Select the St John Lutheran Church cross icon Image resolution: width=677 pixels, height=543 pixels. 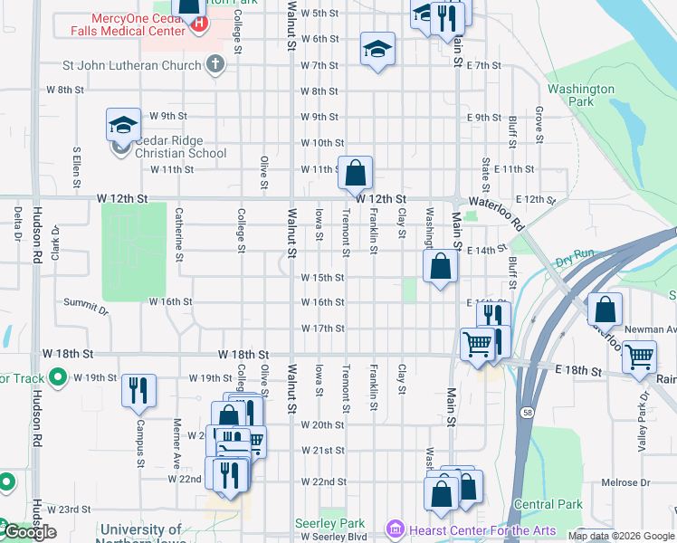click(215, 64)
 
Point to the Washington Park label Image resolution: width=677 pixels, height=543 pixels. click(580, 95)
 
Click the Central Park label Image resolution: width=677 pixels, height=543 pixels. click(548, 504)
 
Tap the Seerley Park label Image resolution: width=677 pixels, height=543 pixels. click(329, 524)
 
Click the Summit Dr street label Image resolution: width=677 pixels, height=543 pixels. click(86, 306)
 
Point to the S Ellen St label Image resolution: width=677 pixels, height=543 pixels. click(78, 163)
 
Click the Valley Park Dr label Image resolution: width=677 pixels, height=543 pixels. click(644, 407)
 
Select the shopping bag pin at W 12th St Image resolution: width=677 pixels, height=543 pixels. click(357, 171)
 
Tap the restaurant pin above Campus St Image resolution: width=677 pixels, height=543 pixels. click(138, 390)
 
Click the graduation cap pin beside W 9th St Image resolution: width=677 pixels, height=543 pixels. click(123, 125)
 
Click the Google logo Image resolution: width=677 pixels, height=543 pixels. click(30, 532)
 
